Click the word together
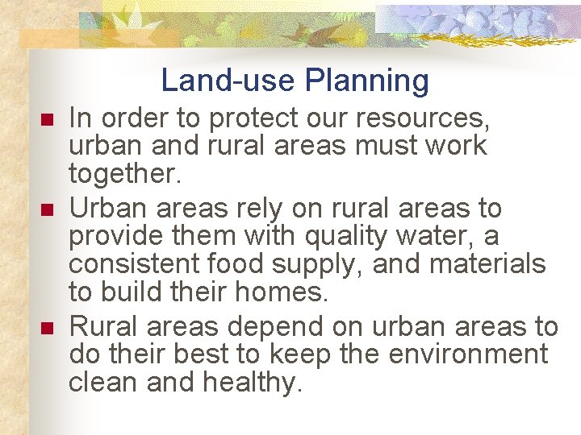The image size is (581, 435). (118, 172)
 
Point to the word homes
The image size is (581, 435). (287, 291)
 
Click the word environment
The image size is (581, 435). (469, 354)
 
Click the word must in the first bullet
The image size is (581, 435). (384, 146)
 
